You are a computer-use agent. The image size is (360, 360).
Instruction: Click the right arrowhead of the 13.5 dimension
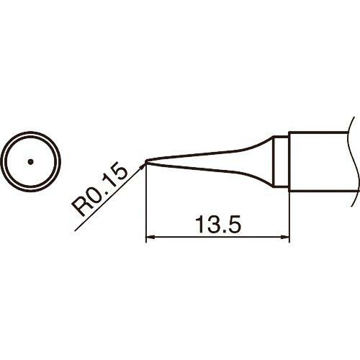(x=285, y=238)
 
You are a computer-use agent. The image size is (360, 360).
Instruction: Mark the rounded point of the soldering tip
(x=146, y=161)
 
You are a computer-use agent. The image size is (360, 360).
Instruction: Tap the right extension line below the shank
(x=289, y=216)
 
